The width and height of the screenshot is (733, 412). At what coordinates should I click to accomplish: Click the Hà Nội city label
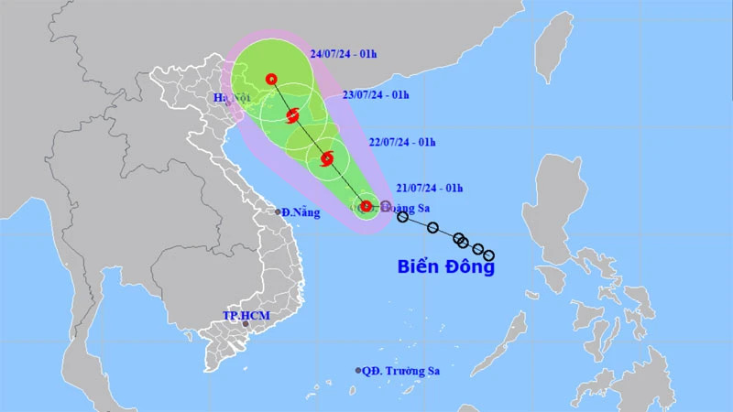point(232,97)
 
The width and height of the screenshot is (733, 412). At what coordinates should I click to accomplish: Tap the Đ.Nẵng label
point(299,212)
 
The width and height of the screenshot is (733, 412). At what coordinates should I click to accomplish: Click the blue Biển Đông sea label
point(446,267)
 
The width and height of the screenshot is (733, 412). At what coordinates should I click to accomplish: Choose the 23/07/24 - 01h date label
point(373,95)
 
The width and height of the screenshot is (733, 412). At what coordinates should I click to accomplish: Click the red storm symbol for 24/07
point(271,80)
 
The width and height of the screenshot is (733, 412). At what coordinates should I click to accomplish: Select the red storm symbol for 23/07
point(293,116)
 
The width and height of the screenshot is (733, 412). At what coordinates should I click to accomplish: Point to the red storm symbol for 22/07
point(327,161)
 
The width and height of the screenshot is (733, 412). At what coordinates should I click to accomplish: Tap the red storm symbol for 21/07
point(366,206)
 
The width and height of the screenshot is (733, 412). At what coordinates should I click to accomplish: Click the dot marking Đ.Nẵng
point(279,212)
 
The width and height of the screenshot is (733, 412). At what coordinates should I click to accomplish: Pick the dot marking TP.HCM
point(246,324)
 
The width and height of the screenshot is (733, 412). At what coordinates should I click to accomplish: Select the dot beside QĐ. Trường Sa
point(358,371)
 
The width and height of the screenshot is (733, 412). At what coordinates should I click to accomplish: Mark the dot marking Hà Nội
point(227,103)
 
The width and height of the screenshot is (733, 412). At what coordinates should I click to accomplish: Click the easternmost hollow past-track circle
point(489,255)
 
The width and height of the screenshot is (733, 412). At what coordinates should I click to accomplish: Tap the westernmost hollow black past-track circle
point(402,217)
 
